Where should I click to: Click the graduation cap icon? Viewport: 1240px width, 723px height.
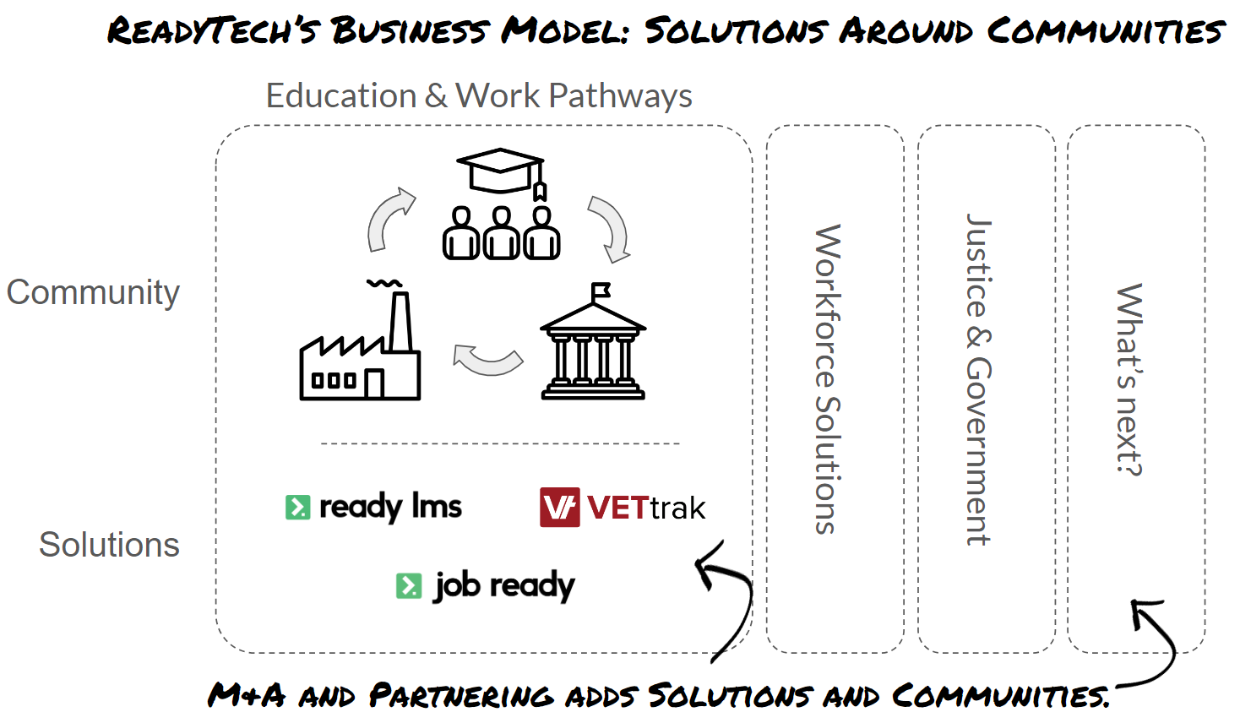click(500, 171)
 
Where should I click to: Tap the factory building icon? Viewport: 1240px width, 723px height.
click(360, 355)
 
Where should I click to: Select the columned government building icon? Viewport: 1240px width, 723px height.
click(593, 346)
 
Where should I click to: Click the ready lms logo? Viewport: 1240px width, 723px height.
click(374, 507)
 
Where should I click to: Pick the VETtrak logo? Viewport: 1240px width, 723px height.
click(623, 508)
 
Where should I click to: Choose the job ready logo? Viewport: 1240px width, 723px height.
click(486, 585)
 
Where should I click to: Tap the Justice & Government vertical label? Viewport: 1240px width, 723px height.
click(979, 379)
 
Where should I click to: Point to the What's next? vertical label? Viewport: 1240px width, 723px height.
click(1129, 379)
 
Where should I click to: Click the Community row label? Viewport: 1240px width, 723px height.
click(93, 293)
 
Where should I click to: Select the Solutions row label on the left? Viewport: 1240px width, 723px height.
click(109, 545)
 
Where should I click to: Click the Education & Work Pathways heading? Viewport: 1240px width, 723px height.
click(479, 96)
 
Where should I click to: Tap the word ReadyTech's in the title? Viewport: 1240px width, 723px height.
click(213, 31)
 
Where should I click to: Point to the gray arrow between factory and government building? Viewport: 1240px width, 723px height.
click(487, 359)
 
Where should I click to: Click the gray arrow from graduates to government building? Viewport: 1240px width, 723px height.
click(609, 228)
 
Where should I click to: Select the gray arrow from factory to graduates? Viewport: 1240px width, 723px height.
click(389, 218)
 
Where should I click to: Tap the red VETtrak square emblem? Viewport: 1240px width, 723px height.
click(559, 508)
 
